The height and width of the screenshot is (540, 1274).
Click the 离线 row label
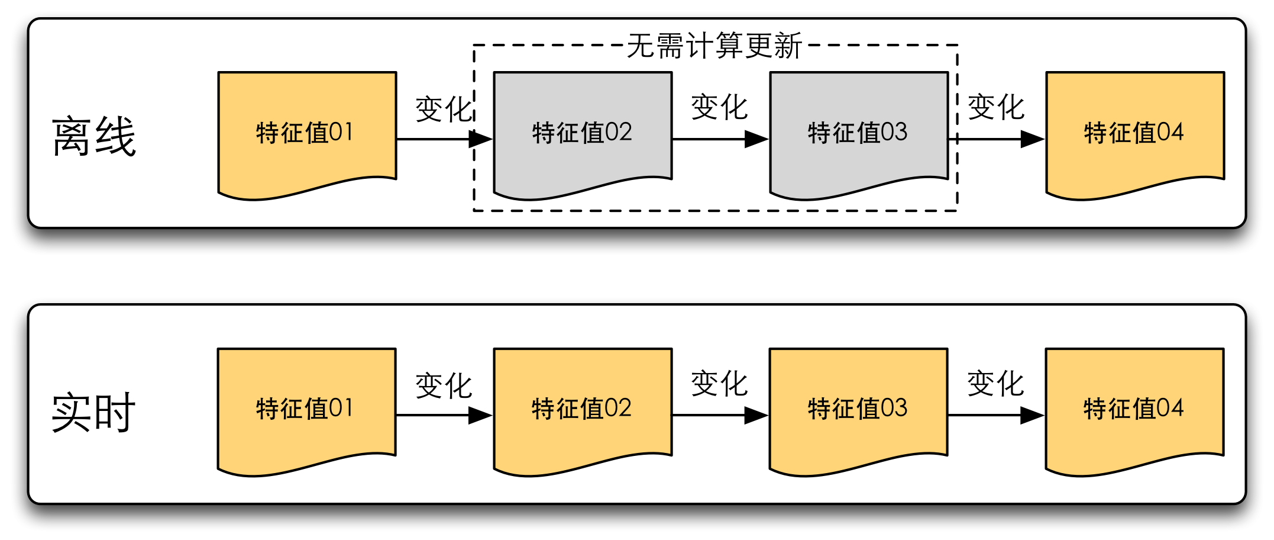(94, 137)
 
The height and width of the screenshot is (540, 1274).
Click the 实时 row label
(93, 413)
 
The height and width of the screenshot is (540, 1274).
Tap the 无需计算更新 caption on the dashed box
(714, 46)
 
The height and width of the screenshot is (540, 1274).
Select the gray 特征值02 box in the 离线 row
(583, 132)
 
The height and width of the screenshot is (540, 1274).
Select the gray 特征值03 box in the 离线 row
(858, 132)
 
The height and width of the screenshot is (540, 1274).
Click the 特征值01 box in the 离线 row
(306, 132)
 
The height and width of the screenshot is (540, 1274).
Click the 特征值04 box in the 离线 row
(1134, 132)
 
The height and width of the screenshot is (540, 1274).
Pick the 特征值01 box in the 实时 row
(306, 409)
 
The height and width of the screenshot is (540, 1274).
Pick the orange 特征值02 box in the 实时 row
(583, 409)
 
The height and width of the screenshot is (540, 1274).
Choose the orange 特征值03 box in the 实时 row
(858, 409)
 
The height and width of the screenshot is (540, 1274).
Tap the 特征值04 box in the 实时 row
(1134, 409)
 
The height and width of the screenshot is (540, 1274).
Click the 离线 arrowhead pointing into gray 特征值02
(480, 139)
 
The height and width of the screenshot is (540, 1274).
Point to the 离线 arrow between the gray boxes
(720, 139)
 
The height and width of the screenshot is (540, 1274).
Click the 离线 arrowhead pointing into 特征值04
(1032, 139)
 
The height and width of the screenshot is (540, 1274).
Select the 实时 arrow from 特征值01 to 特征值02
(444, 415)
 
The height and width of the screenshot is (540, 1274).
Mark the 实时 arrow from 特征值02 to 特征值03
(720, 415)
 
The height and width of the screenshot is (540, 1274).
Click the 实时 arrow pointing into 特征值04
(996, 415)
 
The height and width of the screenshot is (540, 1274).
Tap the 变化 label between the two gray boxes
(720, 107)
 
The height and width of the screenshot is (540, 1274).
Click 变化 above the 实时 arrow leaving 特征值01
(444, 386)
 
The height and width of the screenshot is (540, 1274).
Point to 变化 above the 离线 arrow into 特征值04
(996, 107)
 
